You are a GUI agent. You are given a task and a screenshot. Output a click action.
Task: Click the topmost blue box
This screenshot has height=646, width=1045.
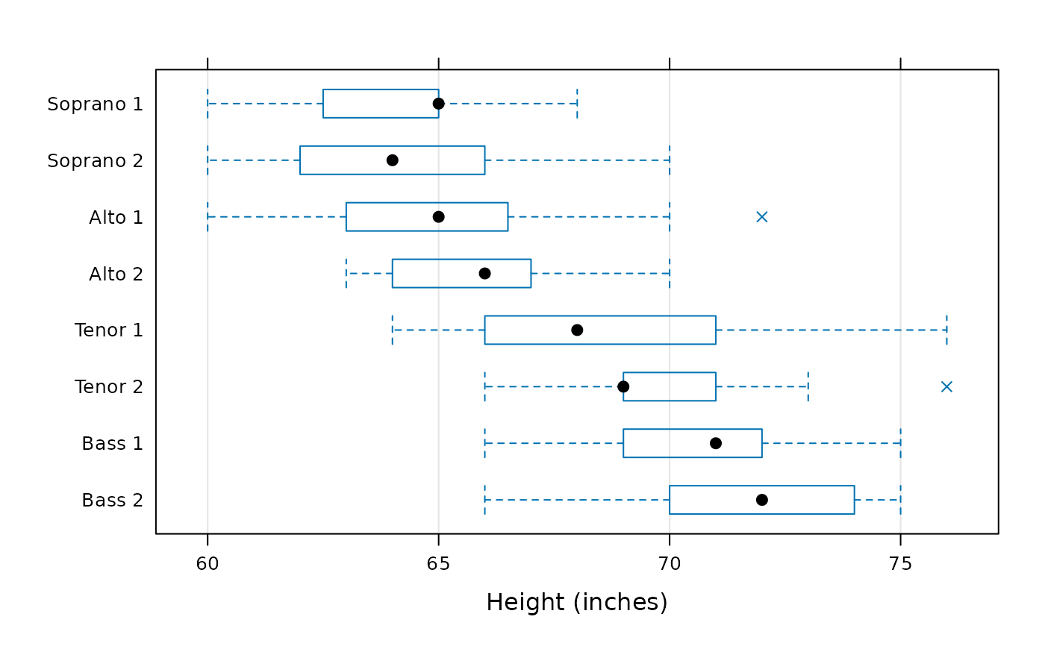(x=380, y=103)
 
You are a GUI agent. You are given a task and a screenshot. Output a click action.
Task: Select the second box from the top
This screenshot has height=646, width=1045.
(x=392, y=160)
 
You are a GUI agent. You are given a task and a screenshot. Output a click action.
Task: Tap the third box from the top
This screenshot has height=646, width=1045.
(x=426, y=216)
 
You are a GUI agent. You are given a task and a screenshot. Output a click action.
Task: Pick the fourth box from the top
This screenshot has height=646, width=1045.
(x=461, y=273)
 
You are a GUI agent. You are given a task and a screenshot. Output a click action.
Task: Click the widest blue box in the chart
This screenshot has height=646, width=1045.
(x=599, y=330)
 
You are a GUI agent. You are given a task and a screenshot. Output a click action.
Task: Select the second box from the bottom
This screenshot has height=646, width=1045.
(x=692, y=443)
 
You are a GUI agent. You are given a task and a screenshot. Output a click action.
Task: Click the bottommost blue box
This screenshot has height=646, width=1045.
(x=761, y=500)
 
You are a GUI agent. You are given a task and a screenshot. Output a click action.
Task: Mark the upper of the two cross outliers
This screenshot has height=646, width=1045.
(x=761, y=216)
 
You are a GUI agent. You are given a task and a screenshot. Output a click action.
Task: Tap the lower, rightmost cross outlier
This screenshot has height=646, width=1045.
(x=946, y=386)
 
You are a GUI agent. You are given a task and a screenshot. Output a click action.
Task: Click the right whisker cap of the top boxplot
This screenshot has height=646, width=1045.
(x=577, y=103)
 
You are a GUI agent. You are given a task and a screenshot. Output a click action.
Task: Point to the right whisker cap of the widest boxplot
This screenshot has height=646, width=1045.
(x=946, y=330)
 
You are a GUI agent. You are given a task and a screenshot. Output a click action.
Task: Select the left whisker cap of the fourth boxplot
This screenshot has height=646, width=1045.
(x=346, y=273)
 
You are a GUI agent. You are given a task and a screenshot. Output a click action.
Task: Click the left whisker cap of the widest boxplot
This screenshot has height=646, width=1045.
(x=392, y=330)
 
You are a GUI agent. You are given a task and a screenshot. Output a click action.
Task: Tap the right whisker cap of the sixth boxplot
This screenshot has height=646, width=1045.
(x=808, y=386)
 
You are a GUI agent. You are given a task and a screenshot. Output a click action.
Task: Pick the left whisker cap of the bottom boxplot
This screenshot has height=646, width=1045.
(x=484, y=500)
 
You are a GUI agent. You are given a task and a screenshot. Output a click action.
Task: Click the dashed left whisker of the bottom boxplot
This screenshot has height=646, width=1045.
(x=575, y=500)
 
